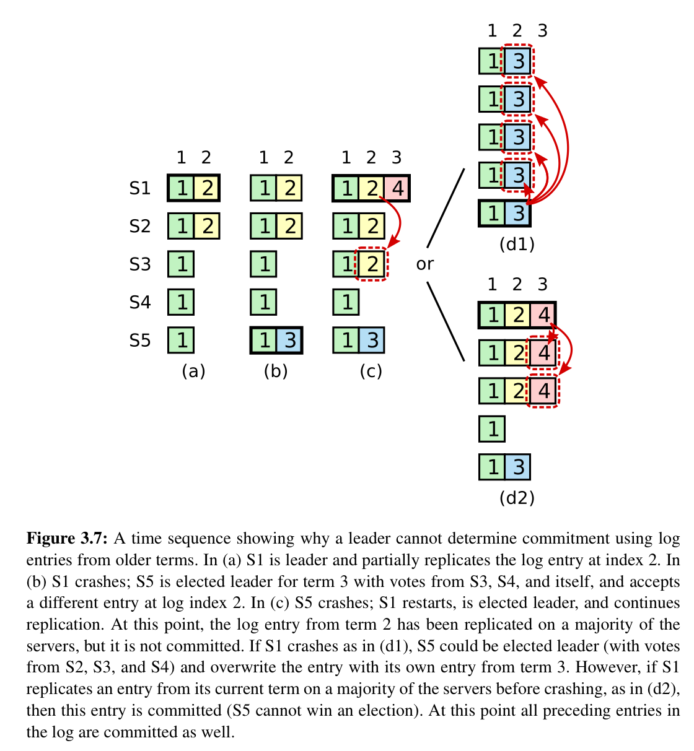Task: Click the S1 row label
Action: pyautogui.click(x=139, y=188)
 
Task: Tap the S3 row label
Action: pyautogui.click(x=139, y=264)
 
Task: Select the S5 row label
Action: pyautogui.click(x=139, y=340)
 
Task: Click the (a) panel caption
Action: pyautogui.click(x=193, y=371)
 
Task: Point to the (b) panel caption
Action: pyautogui.click(x=276, y=371)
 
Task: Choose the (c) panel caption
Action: pyautogui.click(x=371, y=371)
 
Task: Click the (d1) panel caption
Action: pyautogui.click(x=517, y=245)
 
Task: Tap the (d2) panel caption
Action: pyautogui.click(x=517, y=498)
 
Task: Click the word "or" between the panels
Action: pyautogui.click(x=425, y=264)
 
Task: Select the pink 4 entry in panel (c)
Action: pyautogui.click(x=397, y=188)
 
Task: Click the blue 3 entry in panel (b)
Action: pyautogui.click(x=289, y=341)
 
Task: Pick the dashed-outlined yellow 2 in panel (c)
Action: pyautogui.click(x=371, y=264)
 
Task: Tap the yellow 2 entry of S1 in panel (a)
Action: pyautogui.click(x=207, y=188)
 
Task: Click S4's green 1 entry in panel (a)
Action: pyautogui.click(x=181, y=302)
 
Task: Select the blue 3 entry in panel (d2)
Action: pyautogui.click(x=517, y=467)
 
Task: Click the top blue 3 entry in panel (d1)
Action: pyautogui.click(x=517, y=61)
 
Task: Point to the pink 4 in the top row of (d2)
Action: pyautogui.click(x=543, y=315)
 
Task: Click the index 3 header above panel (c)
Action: pyautogui.click(x=397, y=157)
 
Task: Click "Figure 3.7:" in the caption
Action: pyautogui.click(x=68, y=539)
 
